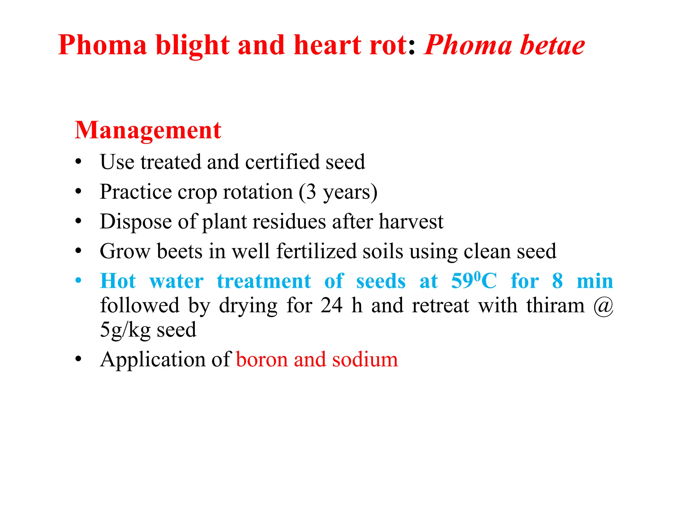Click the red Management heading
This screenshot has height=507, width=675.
(148, 130)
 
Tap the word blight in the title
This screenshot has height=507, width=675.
(193, 45)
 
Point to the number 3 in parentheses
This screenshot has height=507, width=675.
(310, 192)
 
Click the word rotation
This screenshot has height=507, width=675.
(258, 192)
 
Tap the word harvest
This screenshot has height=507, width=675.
(411, 221)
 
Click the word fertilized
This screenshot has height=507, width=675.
(316, 251)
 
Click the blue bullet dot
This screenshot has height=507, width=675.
(78, 281)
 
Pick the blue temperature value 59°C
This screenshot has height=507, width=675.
(474, 281)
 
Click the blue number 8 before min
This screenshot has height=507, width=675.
(557, 281)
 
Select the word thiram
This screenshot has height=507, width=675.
(555, 305)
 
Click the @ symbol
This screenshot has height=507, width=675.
(603, 306)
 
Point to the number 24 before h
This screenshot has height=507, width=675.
(332, 305)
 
